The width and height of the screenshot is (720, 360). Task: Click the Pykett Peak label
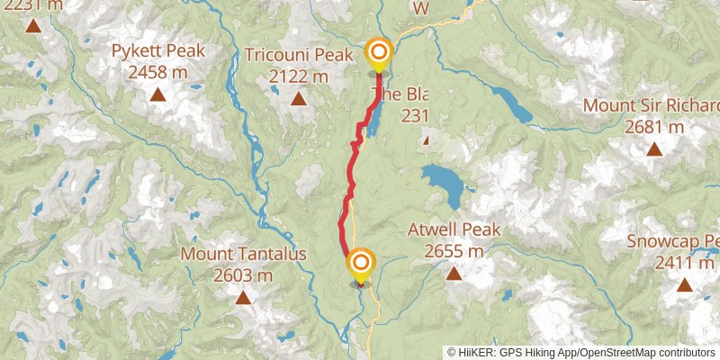tap(157, 51)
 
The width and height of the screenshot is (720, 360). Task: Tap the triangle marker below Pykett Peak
tap(157, 94)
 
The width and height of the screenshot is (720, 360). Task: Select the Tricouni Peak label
tap(298, 56)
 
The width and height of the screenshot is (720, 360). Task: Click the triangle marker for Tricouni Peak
tap(298, 97)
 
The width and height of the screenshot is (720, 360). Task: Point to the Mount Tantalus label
tap(243, 254)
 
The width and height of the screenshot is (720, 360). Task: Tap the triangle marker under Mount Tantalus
tap(243, 296)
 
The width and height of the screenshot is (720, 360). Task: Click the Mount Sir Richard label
tap(652, 104)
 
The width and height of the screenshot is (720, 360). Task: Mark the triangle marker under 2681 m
tap(655, 148)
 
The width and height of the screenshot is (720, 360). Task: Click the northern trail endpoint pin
tap(378, 53)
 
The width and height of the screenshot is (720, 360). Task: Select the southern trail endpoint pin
tap(360, 265)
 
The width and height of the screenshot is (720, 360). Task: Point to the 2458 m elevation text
tap(157, 70)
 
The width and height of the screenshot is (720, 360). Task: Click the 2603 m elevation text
tap(243, 274)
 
